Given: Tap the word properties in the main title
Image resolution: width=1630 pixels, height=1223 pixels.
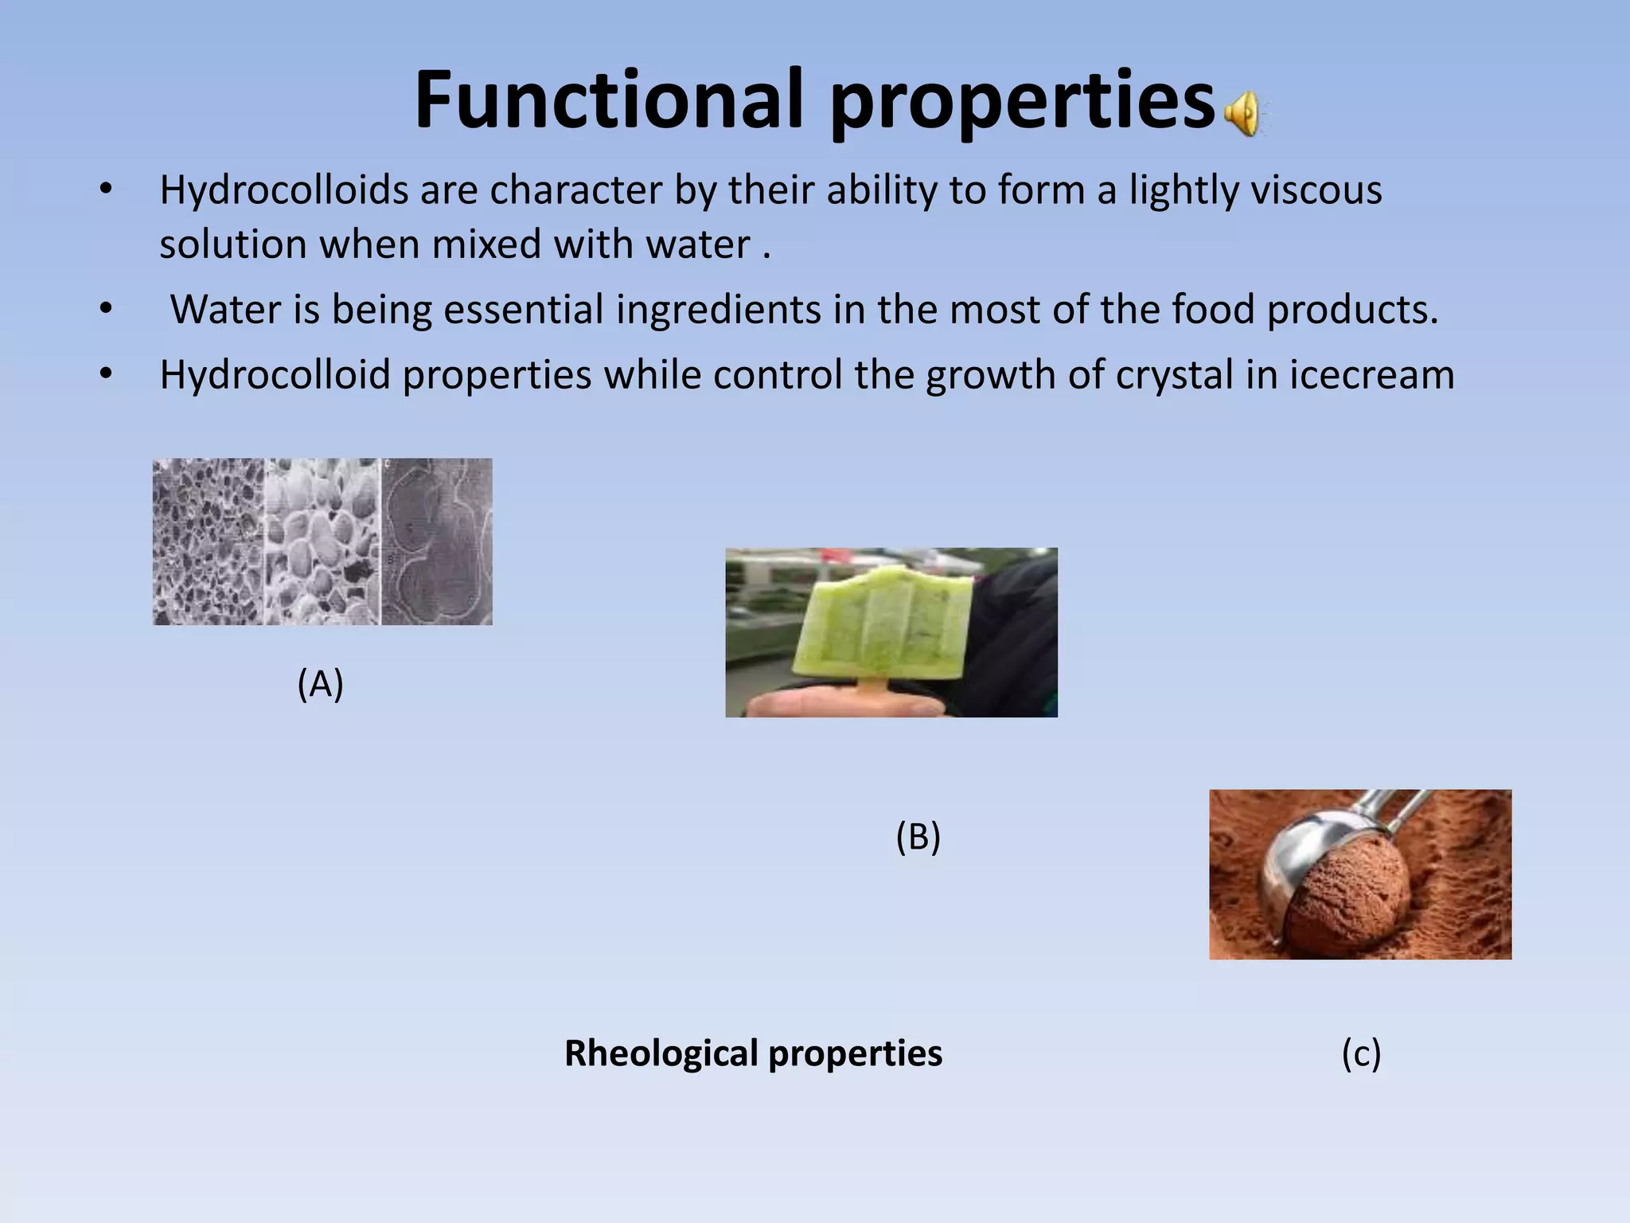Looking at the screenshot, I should [x=1022, y=101].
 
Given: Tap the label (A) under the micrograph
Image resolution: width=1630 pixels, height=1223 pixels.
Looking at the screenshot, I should [x=320, y=683].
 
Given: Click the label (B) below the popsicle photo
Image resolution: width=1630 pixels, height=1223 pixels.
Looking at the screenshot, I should [x=918, y=837].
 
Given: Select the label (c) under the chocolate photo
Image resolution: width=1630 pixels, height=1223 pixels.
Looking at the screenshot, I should [x=1361, y=1053].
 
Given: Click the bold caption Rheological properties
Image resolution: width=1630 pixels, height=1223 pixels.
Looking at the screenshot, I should [x=753, y=1053].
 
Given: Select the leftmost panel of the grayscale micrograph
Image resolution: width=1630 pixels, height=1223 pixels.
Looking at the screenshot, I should [x=208, y=541].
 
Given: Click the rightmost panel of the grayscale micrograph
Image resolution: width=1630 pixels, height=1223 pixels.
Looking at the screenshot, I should [x=437, y=541].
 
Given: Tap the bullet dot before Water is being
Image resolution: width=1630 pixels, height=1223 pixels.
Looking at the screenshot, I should [x=106, y=309].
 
